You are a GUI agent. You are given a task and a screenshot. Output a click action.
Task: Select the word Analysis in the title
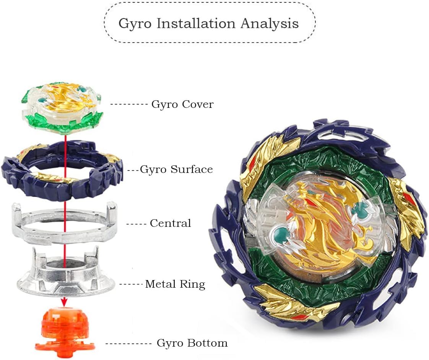tap(270, 23)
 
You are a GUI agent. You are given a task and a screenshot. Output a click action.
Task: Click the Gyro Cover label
tap(182, 104)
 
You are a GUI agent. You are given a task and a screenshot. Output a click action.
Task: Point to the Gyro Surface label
tap(176, 169)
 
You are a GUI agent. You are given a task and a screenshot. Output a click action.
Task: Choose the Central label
tap(170, 223)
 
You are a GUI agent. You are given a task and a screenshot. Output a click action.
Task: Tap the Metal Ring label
tap(175, 284)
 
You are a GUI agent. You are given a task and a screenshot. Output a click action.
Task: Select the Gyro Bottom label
tap(192, 343)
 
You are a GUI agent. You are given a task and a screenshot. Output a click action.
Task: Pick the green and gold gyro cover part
tap(62, 107)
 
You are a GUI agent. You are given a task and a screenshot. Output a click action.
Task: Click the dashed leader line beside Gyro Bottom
tap(129, 344)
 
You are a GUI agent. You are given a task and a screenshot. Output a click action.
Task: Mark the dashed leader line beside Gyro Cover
tap(129, 104)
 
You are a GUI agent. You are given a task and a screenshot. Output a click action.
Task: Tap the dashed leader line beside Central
tap(134, 223)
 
